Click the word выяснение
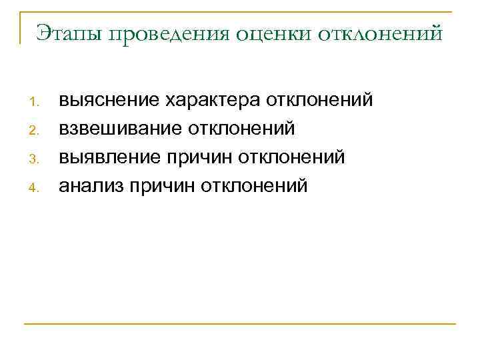click(109, 101)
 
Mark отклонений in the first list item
click(319, 100)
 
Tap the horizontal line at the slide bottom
click(240, 324)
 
